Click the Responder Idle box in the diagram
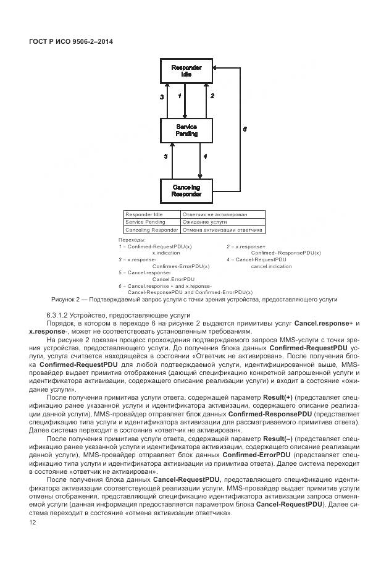click(186, 70)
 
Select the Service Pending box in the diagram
click(186, 130)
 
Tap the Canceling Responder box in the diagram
click(186, 190)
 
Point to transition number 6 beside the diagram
click(245, 130)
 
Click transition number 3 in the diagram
click(162, 97)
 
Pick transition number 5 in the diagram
click(165, 157)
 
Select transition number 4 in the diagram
click(205, 157)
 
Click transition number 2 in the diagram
click(212, 96)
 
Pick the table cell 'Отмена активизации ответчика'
click(222, 230)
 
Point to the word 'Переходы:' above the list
click(131, 240)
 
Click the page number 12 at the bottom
click(33, 523)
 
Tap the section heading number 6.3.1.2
click(59, 315)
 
